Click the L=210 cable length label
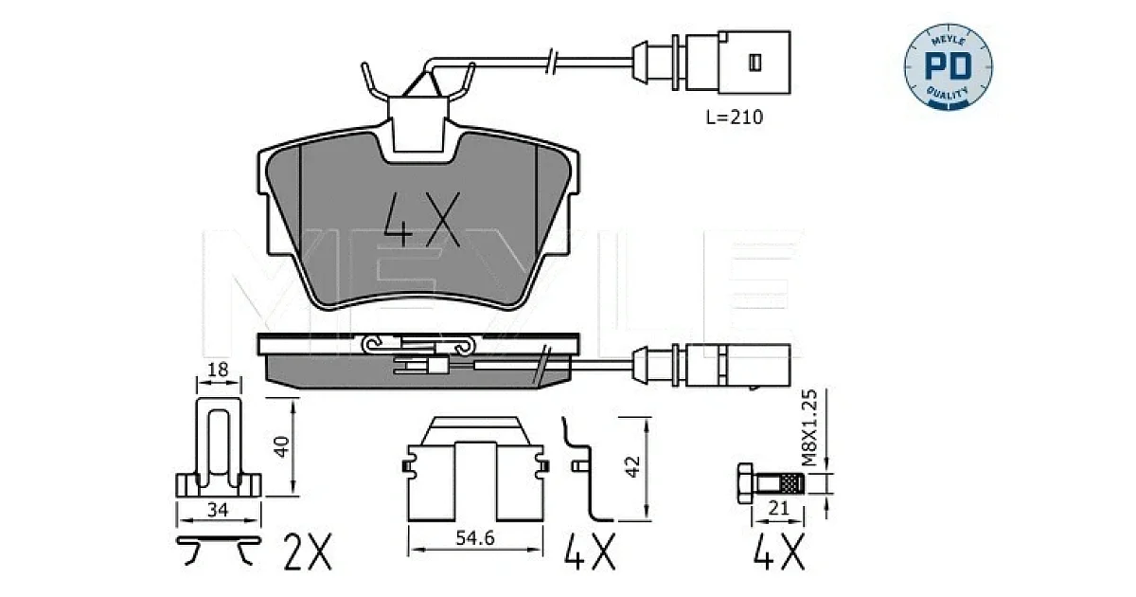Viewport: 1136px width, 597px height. click(x=735, y=118)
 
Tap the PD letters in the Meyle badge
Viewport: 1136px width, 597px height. click(x=949, y=66)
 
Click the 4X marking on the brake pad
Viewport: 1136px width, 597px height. click(x=422, y=219)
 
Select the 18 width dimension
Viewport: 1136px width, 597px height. click(x=218, y=369)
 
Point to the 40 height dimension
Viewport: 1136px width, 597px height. click(x=281, y=446)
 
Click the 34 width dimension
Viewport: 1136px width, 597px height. click(x=218, y=509)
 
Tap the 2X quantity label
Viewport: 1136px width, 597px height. click(x=308, y=552)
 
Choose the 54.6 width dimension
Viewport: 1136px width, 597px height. click(x=475, y=537)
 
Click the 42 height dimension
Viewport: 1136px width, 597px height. click(x=633, y=466)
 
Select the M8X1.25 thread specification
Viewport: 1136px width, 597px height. click(x=809, y=428)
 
